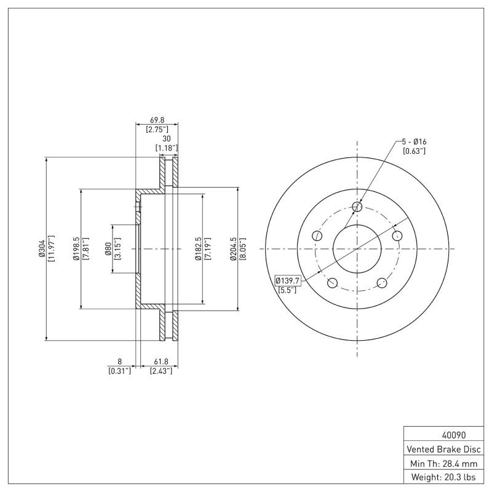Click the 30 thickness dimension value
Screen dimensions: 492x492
tap(165, 139)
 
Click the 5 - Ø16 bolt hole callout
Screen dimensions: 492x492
tap(414, 141)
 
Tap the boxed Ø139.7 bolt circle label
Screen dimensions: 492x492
tap(287, 280)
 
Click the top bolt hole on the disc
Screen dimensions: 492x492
tap(357, 207)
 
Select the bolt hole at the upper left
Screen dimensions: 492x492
tap(317, 236)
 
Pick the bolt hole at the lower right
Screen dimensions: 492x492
tap(382, 283)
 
